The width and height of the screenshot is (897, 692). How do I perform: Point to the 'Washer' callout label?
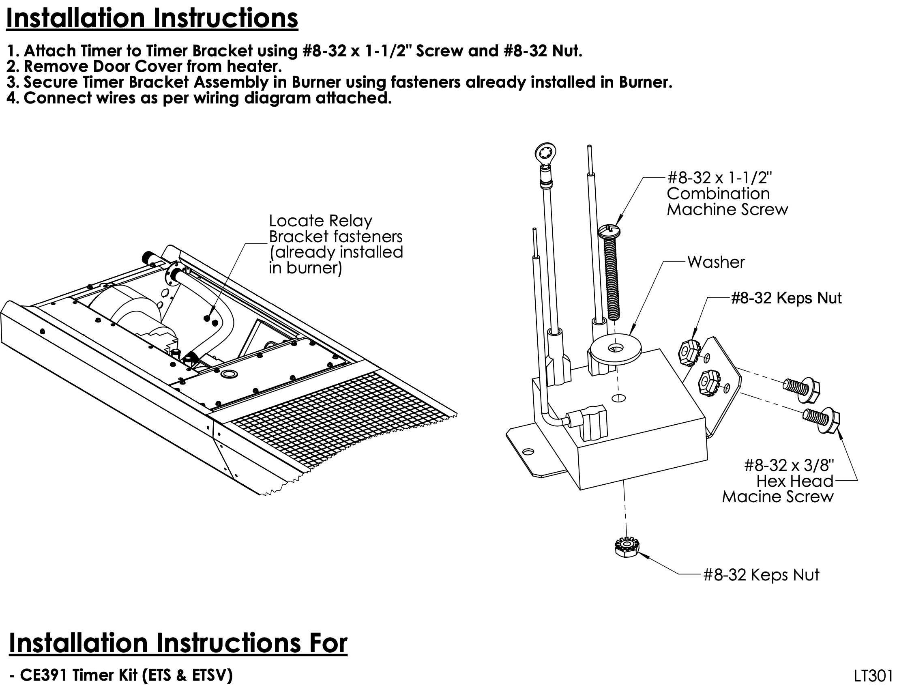pos(716,262)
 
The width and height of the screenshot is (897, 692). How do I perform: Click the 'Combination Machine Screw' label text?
pos(727,201)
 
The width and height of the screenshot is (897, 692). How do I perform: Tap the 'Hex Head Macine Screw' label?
pos(778,489)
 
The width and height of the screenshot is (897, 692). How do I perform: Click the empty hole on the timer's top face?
pos(619,398)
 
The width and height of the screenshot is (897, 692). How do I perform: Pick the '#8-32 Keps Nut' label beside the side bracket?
pos(786,298)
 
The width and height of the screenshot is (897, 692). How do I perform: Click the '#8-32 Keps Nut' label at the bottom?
pos(761,575)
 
